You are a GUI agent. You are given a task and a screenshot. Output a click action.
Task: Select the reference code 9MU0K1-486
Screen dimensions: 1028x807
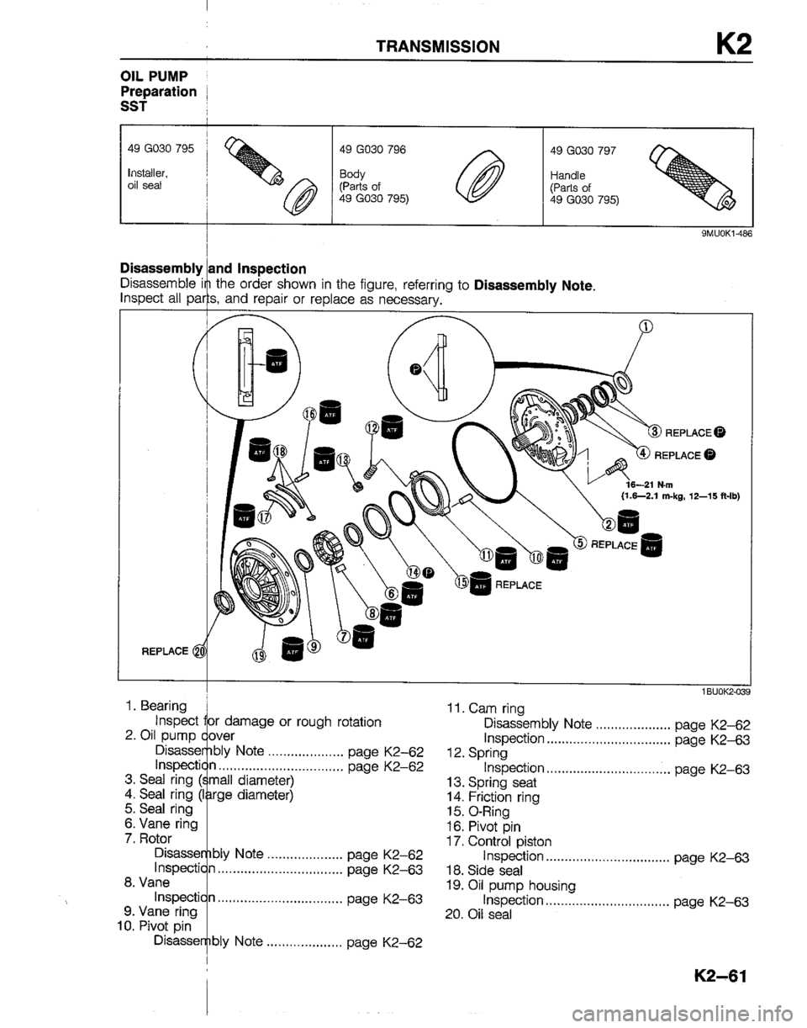tap(720, 235)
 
